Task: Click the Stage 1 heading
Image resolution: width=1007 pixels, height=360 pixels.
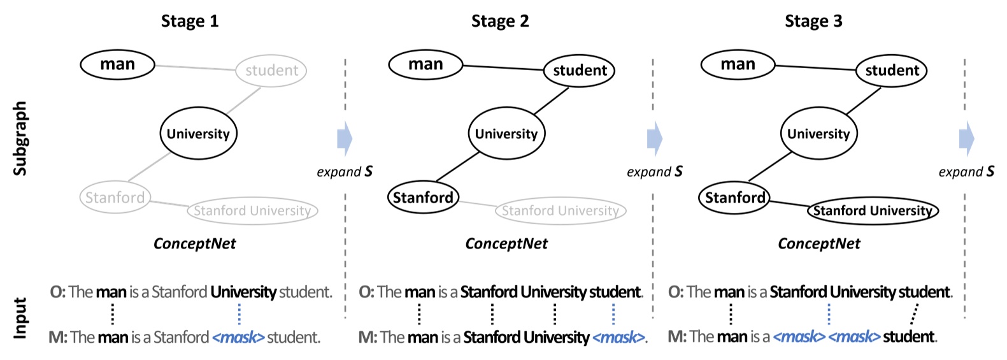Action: point(189,21)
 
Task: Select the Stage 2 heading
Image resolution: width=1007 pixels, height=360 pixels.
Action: point(500,21)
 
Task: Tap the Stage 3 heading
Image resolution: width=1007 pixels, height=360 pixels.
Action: point(813,21)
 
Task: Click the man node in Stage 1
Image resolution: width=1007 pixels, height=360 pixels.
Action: point(117,64)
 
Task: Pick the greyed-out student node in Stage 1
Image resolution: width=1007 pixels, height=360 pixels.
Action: point(271,71)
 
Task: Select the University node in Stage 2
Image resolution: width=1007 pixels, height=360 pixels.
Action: point(506,134)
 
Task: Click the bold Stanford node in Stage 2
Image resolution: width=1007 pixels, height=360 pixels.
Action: point(423,198)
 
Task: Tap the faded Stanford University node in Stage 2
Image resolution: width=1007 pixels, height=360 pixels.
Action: point(561,211)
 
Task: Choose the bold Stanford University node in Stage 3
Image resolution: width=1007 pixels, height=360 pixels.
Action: point(873,211)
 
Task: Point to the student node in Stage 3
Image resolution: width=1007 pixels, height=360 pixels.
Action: point(891,71)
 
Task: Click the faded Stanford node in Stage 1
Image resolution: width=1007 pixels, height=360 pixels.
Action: point(115,198)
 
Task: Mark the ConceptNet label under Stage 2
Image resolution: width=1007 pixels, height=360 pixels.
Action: point(506,244)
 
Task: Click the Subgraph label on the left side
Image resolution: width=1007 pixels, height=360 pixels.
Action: point(20,138)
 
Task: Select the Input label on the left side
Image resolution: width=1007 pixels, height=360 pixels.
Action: point(20,317)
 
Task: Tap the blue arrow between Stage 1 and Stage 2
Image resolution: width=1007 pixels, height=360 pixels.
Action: point(345,138)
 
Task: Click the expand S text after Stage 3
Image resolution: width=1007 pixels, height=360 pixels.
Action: point(966,171)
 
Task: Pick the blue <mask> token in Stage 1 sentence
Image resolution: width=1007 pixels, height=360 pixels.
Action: point(238,337)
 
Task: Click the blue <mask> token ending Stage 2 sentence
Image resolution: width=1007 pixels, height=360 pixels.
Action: point(618,337)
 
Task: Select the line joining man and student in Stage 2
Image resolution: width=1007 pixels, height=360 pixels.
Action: point(503,67)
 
